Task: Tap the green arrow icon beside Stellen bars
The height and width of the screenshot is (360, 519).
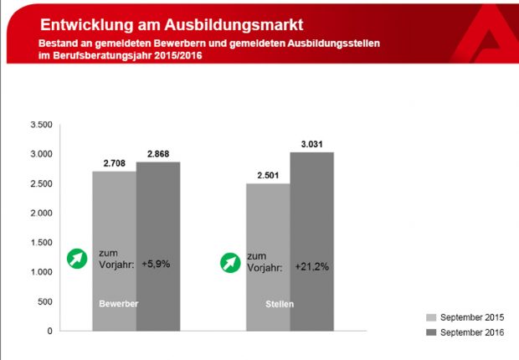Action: pyautogui.click(x=229, y=262)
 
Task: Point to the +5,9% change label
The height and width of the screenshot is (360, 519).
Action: pyautogui.click(x=157, y=263)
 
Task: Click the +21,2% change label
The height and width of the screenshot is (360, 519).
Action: pyautogui.click(x=311, y=267)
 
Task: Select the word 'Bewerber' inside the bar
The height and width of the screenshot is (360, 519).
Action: pyautogui.click(x=118, y=304)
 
